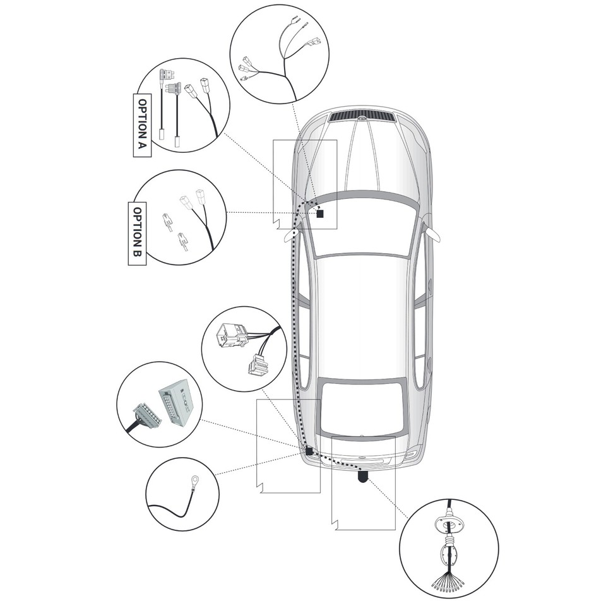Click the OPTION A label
pyautogui.click(x=143, y=126)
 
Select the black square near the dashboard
pyautogui.click(x=320, y=214)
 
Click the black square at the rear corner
pyautogui.click(x=309, y=451)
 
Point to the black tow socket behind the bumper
pyautogui.click(x=364, y=477)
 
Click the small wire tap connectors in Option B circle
pyautogui.click(x=175, y=230)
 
